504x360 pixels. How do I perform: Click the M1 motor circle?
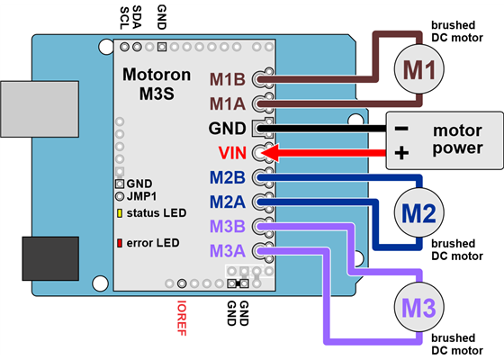(418, 68)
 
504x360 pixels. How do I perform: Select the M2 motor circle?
(418, 213)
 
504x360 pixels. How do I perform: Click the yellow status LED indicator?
(120, 213)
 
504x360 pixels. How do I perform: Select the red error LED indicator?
(120, 243)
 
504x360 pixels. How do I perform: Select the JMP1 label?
(141, 195)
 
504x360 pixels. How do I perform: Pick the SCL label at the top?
(123, 17)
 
